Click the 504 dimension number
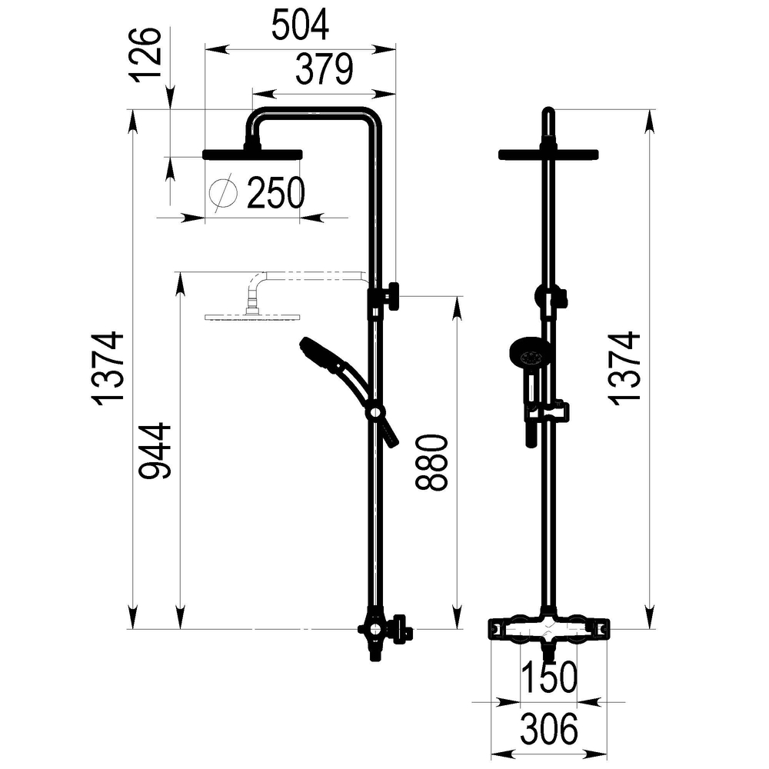click(300, 25)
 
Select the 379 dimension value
click(325, 69)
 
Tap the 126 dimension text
click(145, 54)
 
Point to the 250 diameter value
click(276, 192)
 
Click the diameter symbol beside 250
click(223, 193)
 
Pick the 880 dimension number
click(431, 462)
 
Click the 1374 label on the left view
click(108, 368)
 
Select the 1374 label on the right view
click(624, 368)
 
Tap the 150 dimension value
click(549, 677)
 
